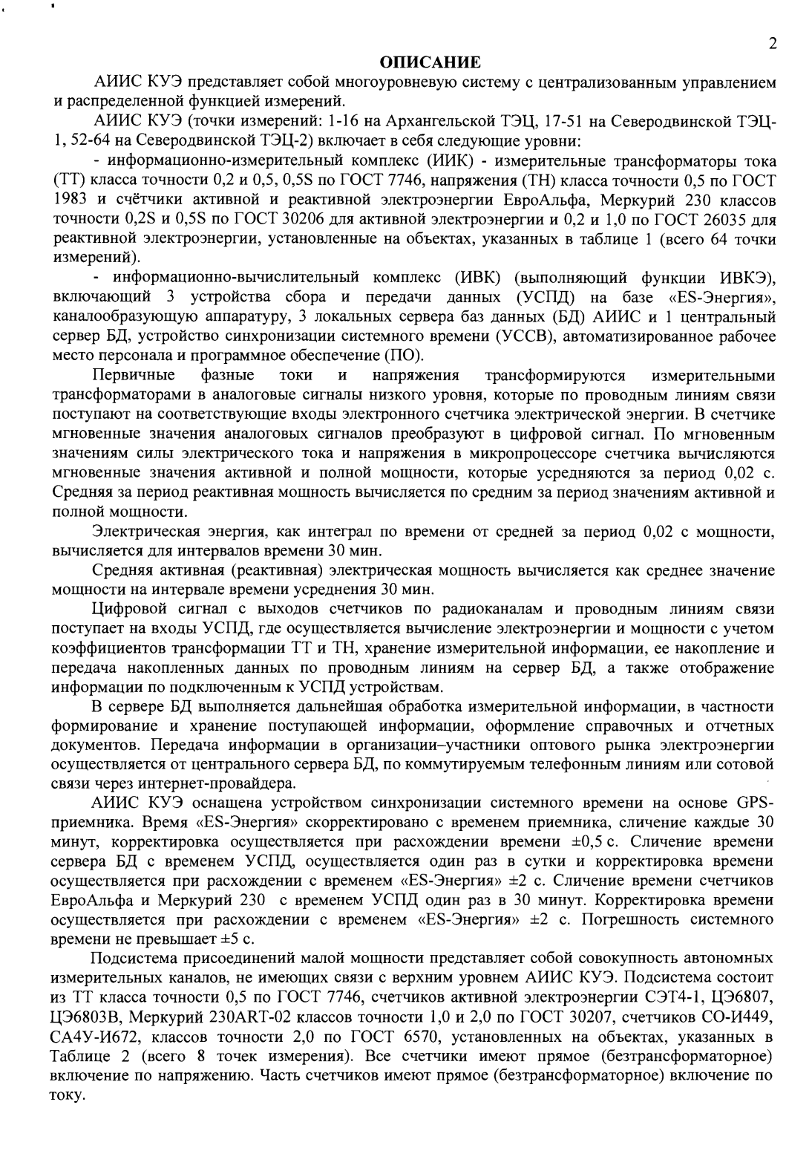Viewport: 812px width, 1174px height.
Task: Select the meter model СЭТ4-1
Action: coord(692,995)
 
